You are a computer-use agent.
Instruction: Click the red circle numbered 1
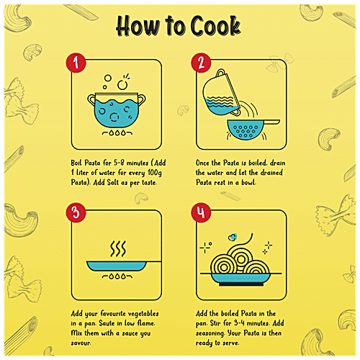point(76,63)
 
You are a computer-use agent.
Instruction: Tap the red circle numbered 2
point(201,63)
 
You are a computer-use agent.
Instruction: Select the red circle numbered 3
point(76,212)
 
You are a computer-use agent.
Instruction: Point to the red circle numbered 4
point(201,212)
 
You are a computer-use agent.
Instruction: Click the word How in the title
point(138,26)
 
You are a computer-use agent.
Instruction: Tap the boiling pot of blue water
point(117,110)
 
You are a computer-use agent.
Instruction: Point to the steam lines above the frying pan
point(118,248)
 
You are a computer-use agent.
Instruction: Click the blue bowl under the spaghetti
point(240,279)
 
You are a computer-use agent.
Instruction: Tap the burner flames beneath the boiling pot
point(117,132)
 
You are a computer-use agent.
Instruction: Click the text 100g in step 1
point(155,173)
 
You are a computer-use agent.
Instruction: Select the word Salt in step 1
point(113,182)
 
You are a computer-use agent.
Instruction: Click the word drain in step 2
point(278,163)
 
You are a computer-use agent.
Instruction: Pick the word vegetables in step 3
point(143,314)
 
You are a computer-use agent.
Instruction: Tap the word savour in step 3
point(81,343)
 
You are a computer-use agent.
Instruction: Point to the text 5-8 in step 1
point(119,163)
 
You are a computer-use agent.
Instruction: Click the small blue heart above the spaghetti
point(233,237)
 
